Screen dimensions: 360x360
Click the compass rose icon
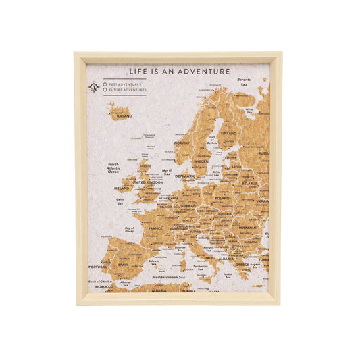pyautogui.click(x=94, y=87)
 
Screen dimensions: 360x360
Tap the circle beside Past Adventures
pyautogui.click(x=105, y=84)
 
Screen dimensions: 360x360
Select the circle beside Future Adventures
pyautogui.click(x=105, y=90)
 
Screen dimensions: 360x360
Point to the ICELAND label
pyautogui.click(x=124, y=115)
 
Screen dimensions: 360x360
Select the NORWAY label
pyautogui.click(x=182, y=143)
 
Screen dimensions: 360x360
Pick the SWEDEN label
pyautogui.click(x=201, y=161)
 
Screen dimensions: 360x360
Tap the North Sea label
pyautogui.click(x=167, y=172)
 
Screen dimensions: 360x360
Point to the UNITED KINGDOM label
pyautogui.click(x=148, y=182)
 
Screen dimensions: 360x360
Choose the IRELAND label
pyautogui.click(x=122, y=188)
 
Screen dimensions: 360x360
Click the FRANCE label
pyautogui.click(x=155, y=228)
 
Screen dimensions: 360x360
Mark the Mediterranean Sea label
pyautogui.click(x=169, y=278)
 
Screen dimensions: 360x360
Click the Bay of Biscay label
pyautogui.click(x=130, y=230)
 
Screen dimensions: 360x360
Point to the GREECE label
pyautogui.click(x=242, y=265)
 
